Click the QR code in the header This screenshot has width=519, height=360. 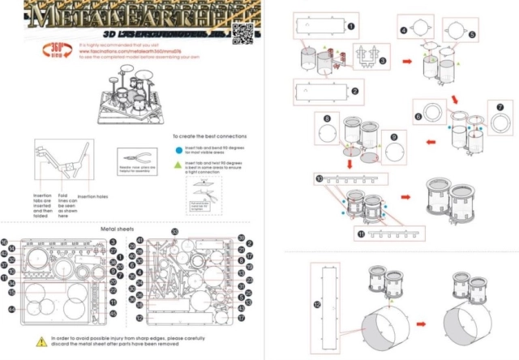click(242, 32)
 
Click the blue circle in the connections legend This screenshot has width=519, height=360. click(178, 150)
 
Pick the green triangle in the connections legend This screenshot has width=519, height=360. click(178, 165)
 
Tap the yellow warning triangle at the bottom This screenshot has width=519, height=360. click(40, 341)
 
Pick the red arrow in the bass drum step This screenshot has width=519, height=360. click(422, 322)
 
